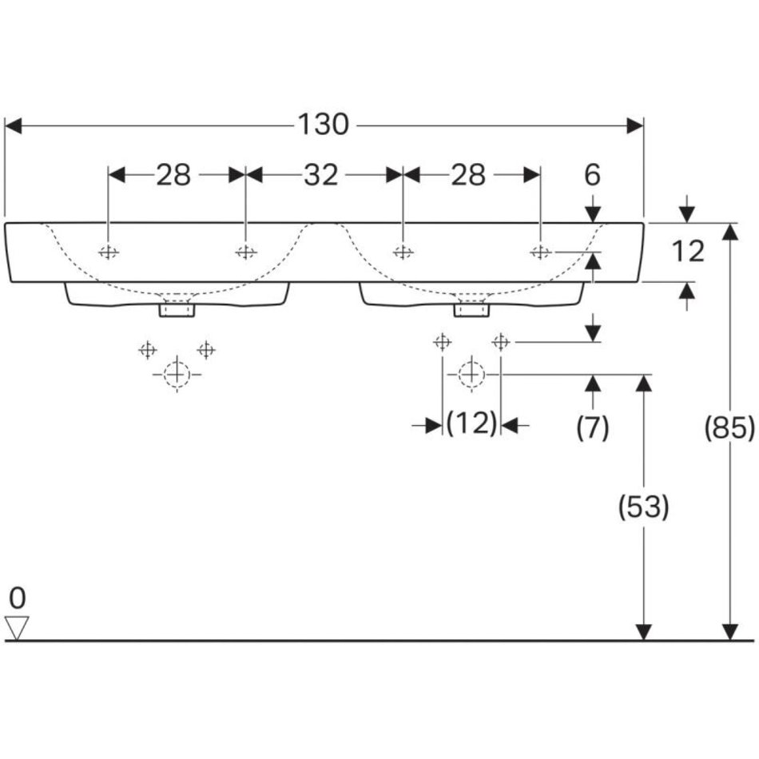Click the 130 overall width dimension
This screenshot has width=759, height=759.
point(324,125)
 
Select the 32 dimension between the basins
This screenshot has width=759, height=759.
point(320,175)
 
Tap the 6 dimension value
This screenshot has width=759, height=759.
point(592,175)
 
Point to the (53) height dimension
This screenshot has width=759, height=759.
point(643,507)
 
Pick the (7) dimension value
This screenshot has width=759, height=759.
point(592,428)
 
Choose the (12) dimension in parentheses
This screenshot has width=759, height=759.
point(471,423)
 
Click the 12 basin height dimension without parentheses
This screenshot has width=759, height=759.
point(687,252)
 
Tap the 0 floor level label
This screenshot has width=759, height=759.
point(18,598)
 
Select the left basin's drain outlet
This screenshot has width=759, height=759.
point(177,308)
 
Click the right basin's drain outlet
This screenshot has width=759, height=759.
point(471,308)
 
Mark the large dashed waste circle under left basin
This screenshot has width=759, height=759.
point(177,374)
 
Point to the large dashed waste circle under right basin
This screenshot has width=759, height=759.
point(471,373)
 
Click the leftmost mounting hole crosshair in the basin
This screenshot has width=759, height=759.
point(109,252)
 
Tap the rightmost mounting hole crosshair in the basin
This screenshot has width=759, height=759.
point(541,252)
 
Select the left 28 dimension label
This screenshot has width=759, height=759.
point(173,175)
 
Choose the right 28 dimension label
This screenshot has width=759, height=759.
point(468,175)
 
